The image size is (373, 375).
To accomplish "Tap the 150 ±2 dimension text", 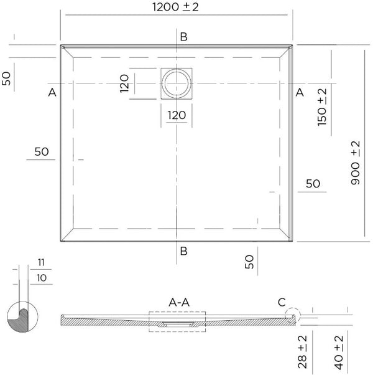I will (x=322, y=107).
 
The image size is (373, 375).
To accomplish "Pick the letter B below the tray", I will (x=183, y=252).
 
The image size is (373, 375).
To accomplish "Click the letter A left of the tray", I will (x=52, y=93).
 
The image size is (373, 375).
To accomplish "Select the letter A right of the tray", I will (x=300, y=93).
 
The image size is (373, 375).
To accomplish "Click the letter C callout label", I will (x=282, y=303).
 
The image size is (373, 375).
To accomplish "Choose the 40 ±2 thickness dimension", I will (x=338, y=348).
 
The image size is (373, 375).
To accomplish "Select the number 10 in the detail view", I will (x=42, y=277).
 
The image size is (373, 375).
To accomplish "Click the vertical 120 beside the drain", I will (x=124, y=83).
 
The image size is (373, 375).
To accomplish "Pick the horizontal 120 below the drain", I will (x=177, y=115).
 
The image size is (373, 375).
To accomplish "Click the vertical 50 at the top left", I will (x=7, y=78).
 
